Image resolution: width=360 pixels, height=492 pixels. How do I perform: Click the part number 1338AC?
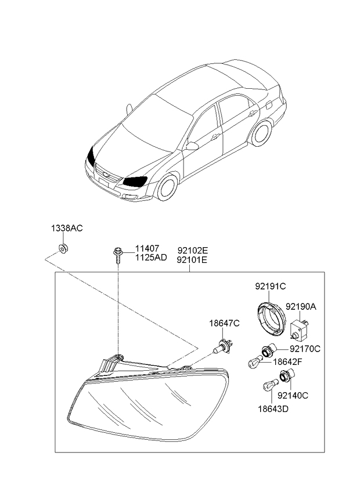coord(67,228)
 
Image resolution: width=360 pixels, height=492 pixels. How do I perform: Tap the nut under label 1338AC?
coord(64,248)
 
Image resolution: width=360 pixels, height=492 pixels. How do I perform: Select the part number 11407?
coord(147,248)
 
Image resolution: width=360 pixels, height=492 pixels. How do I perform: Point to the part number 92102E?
coord(193,251)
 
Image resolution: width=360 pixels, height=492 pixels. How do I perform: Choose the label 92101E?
coord(193,260)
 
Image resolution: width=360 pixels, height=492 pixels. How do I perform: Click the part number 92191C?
coord(270,286)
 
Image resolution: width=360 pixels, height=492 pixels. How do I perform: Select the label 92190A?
coord(301,306)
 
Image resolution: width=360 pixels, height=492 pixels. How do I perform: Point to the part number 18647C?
coord(224,323)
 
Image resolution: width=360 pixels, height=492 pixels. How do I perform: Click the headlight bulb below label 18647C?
coord(224,348)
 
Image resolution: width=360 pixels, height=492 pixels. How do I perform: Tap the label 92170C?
coord(305,349)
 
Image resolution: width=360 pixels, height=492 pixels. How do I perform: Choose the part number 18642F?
coord(287,362)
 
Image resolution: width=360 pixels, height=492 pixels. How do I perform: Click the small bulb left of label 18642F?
coord(255,362)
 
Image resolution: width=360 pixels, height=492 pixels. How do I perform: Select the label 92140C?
coord(293,395)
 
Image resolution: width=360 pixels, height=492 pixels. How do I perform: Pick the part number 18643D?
coord(273,409)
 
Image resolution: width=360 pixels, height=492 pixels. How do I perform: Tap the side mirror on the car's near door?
coord(192,146)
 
